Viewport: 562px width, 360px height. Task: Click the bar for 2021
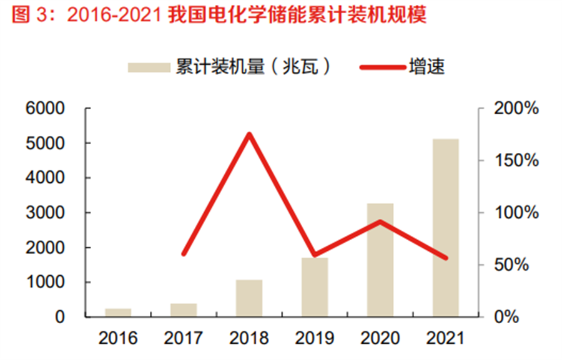coord(446,228)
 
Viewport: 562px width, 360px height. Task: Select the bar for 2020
coord(380,260)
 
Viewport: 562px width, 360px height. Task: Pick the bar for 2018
coord(249,298)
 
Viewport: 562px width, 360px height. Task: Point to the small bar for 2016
coord(118,313)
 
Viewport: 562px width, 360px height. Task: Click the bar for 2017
coord(184,310)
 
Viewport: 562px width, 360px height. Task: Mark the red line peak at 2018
coord(249,134)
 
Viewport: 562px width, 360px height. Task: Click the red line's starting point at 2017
coord(184,254)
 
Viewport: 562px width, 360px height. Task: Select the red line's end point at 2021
coord(446,258)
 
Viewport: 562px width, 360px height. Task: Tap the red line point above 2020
coord(380,221)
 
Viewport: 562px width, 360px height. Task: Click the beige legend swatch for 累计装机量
coord(149,67)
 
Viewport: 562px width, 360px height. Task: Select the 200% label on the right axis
coord(516,109)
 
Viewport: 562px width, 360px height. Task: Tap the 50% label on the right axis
coord(516,265)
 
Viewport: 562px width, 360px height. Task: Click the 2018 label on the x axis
coord(249,339)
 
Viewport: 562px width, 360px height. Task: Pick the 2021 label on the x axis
coord(446,339)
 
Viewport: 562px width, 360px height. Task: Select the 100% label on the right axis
coord(516,213)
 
